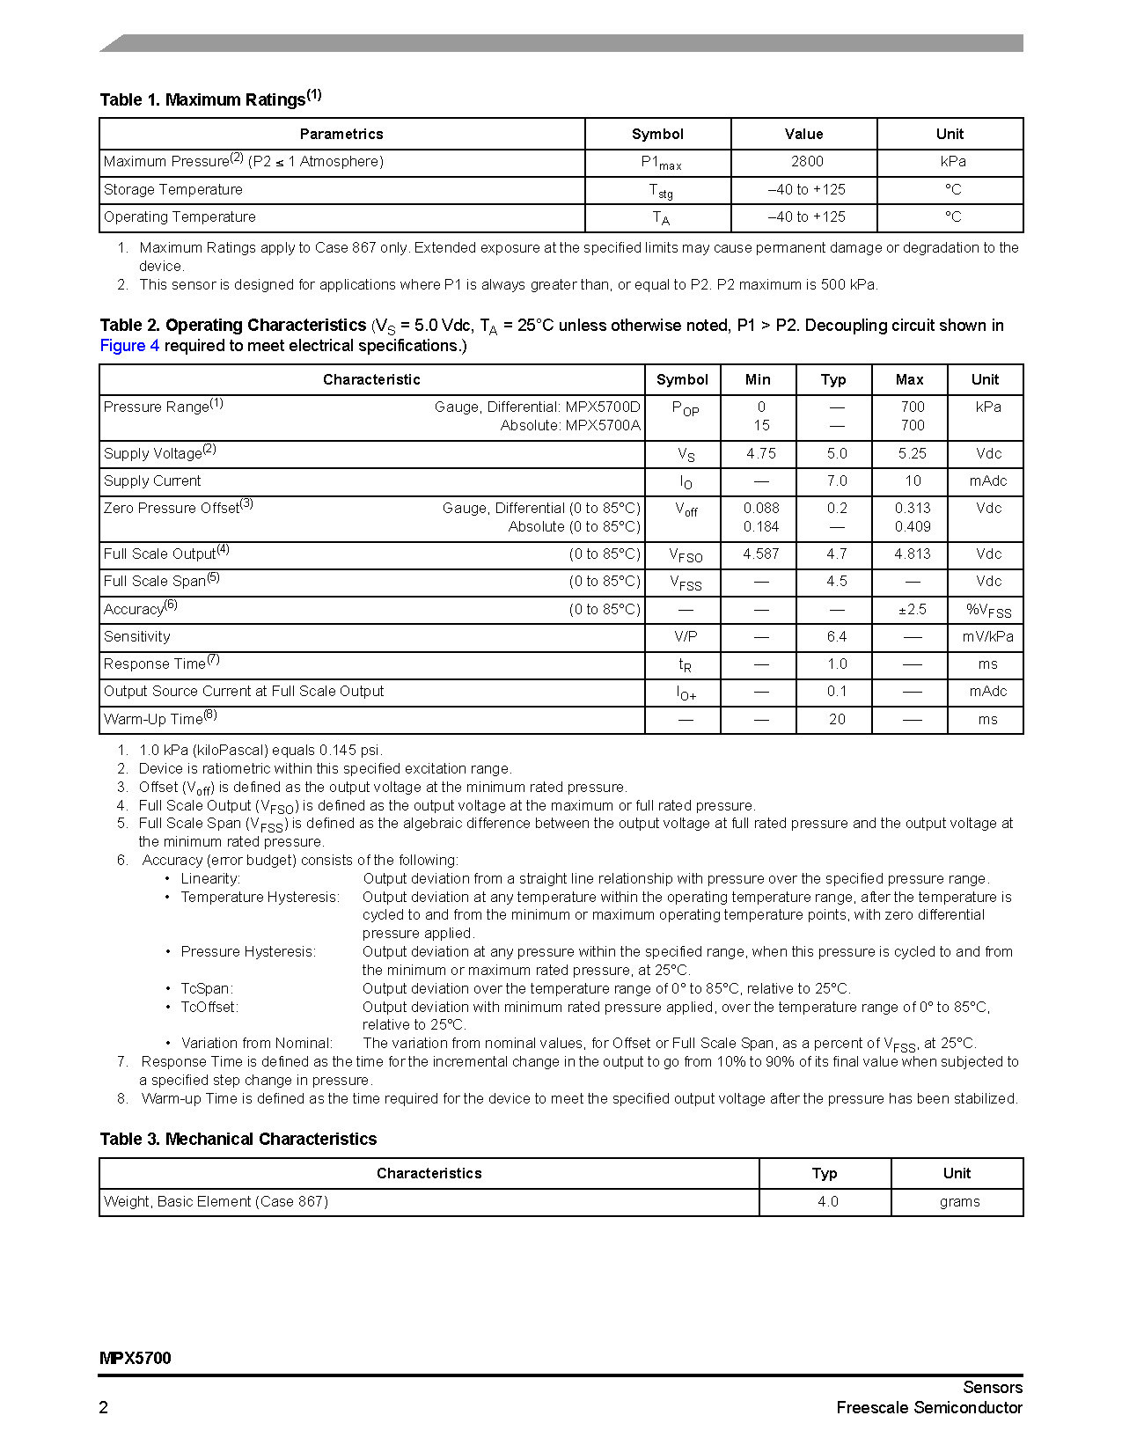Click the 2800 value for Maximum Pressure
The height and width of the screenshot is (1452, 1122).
[806, 161]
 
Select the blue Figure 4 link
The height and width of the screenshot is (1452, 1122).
[129, 346]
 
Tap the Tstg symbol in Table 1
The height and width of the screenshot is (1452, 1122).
[660, 190]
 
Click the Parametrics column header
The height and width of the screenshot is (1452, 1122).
[341, 134]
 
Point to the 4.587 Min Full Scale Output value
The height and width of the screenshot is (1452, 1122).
[760, 554]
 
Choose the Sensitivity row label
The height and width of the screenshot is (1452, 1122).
[137, 636]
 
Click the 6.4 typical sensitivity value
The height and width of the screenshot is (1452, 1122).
[836, 636]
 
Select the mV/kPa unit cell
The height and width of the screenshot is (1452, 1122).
[987, 636]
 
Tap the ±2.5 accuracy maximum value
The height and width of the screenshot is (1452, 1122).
[912, 609]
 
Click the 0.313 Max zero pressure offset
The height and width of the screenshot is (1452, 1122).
[912, 508]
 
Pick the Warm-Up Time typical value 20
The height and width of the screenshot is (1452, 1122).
[836, 719]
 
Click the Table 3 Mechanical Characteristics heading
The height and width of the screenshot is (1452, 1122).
[238, 1139]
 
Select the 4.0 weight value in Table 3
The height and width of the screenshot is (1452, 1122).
[827, 1201]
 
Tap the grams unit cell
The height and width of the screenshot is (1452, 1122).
[959, 1201]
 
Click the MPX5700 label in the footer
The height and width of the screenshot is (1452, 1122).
[136, 1358]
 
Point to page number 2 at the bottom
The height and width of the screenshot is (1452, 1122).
[104, 1407]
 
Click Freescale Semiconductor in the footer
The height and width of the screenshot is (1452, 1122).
[928, 1407]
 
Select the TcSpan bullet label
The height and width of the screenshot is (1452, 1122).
[207, 988]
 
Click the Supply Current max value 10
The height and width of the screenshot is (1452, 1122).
[913, 480]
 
